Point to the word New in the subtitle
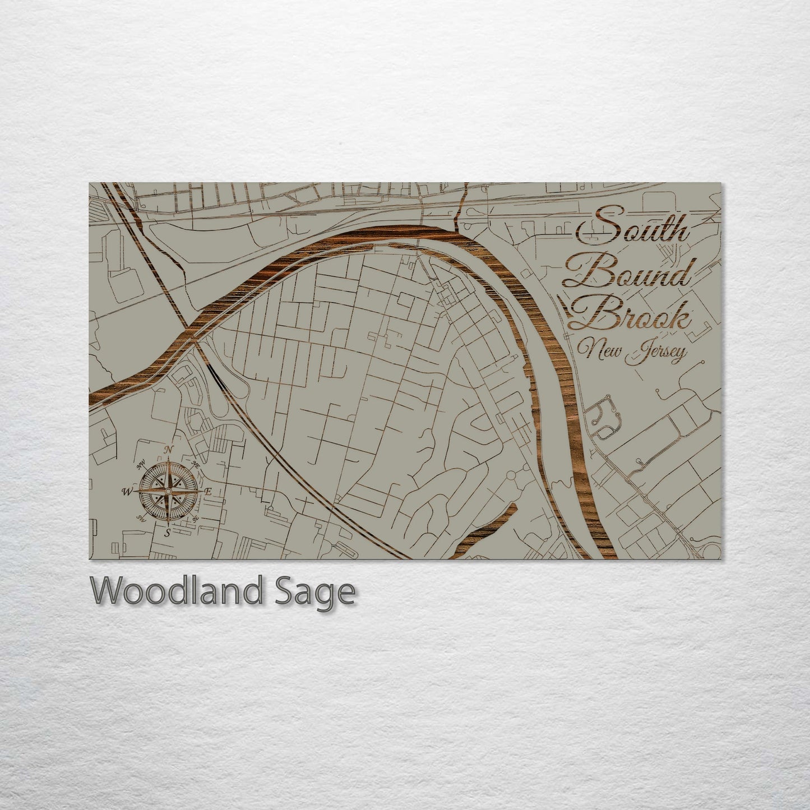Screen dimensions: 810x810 point(601,353)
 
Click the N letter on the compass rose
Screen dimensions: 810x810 point(167,449)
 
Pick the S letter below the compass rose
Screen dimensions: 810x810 point(168,532)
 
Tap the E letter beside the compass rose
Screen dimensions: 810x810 point(207,492)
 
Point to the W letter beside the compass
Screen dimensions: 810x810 point(127,492)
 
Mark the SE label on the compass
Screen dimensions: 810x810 point(196,519)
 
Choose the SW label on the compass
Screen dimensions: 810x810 point(141,520)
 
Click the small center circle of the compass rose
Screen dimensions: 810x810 point(168,491)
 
